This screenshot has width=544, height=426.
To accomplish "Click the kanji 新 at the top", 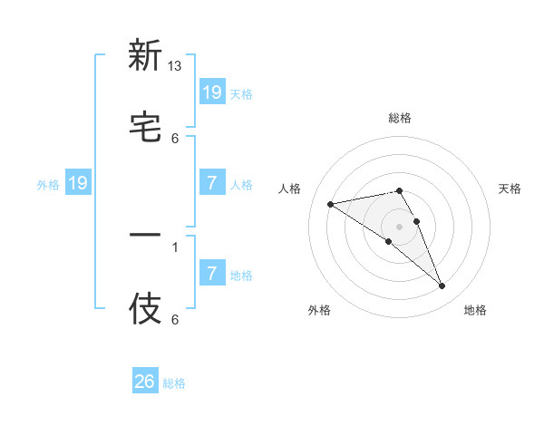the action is point(145,55).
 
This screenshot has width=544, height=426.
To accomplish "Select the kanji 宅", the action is point(145,127).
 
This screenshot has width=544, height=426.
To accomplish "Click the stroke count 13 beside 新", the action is point(175,66).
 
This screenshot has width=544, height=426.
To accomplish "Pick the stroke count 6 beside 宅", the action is point(175,138).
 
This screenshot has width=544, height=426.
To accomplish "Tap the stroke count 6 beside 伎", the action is point(175,320).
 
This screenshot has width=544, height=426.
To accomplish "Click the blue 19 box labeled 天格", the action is point(211,92).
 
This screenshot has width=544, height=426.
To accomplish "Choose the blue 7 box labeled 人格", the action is point(211,183).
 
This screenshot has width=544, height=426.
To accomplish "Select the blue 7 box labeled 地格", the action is point(211,274).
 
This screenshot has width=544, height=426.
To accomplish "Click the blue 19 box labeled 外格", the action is point(78,183).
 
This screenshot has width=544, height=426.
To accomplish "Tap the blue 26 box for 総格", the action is point(145,382).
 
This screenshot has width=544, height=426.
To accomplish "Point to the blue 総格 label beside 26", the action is point(174,383).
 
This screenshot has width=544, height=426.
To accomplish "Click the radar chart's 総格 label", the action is point(400,118).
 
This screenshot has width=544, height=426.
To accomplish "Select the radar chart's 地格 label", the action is point(475,310).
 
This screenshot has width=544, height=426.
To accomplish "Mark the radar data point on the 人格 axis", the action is point(331,204).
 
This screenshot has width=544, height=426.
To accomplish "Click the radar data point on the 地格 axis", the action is point(442,286).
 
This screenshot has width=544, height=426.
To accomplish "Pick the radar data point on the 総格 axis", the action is point(399,190).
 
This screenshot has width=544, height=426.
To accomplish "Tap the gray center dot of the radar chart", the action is point(399,226).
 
